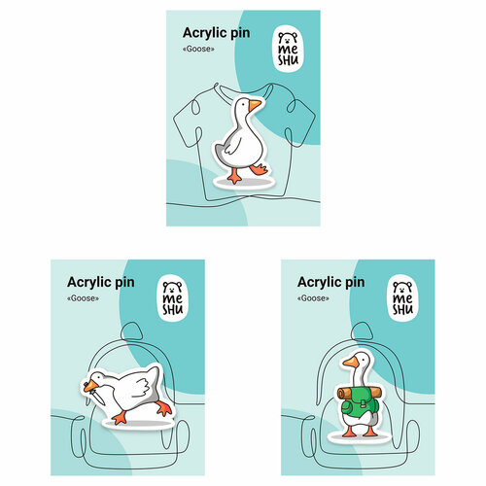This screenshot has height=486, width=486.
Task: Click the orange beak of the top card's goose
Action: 255,105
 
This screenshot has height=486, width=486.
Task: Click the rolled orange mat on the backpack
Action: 359,393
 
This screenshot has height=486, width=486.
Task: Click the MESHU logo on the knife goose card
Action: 173,298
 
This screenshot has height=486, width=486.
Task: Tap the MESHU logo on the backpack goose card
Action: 403,298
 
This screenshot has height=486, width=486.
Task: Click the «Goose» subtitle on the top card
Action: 198,49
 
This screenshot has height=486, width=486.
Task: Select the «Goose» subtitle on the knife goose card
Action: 83,298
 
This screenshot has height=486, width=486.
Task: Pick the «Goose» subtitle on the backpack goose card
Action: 313,298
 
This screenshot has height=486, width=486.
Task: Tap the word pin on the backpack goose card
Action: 355,283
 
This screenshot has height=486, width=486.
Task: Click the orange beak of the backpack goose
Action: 351,363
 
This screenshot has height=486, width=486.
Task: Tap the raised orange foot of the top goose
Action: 259,169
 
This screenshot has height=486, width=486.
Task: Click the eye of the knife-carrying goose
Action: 97,378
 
